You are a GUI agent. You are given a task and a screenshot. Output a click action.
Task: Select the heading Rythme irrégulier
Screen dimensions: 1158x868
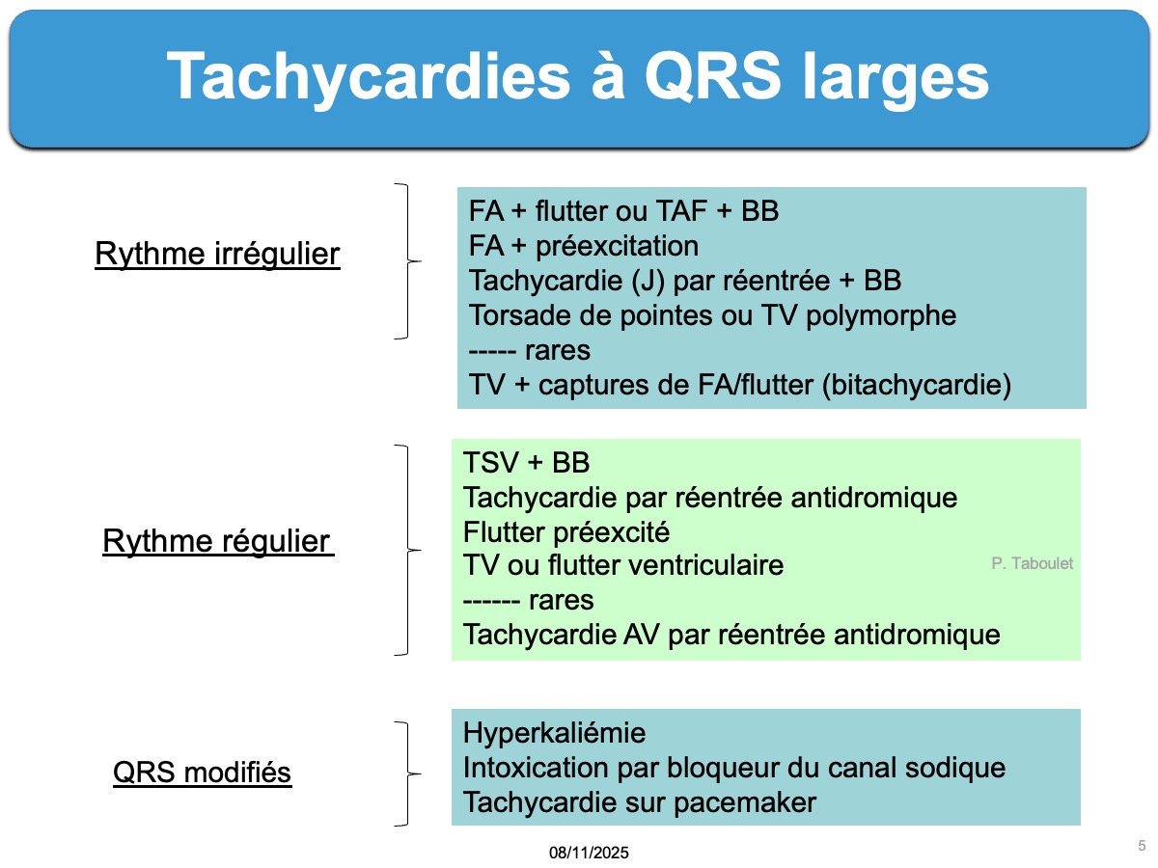[x=217, y=254]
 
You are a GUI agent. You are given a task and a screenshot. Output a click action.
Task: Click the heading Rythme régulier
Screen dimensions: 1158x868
[x=218, y=541]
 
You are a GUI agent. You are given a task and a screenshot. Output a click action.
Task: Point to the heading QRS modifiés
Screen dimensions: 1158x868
[x=202, y=773]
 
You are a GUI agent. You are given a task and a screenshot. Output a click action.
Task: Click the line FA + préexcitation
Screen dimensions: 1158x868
[x=584, y=246]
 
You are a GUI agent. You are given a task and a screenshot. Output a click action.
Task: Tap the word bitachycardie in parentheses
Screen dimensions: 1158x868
[x=917, y=385]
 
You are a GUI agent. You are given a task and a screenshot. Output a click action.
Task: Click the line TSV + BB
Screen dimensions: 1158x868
[x=526, y=463]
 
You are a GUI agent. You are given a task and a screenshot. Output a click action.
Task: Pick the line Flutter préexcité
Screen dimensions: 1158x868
[x=566, y=531]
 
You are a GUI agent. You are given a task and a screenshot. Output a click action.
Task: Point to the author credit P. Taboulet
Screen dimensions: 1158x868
[x=1032, y=563]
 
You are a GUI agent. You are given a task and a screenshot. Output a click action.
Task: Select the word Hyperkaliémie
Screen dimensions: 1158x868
[x=554, y=734]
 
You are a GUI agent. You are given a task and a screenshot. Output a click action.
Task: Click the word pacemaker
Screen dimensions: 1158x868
[x=745, y=803]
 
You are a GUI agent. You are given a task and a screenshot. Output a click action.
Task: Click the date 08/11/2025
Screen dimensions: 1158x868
[x=589, y=853]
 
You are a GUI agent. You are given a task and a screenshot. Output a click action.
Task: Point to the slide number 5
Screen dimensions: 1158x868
[x=1142, y=846]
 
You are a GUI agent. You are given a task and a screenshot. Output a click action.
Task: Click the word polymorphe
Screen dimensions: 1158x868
[x=881, y=316]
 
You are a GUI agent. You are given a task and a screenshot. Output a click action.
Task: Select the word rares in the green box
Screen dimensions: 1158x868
[x=561, y=600]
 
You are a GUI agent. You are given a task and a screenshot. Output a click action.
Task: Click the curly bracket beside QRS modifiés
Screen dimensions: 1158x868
[x=408, y=773]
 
